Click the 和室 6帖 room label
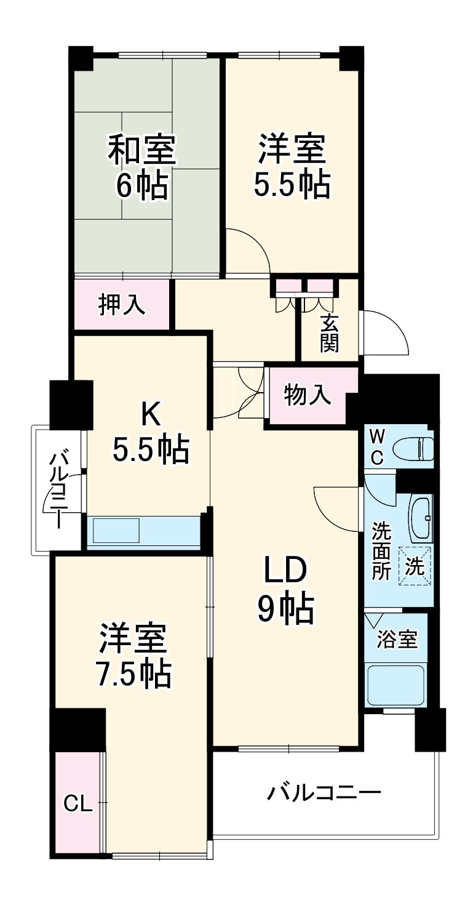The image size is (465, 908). (143, 167)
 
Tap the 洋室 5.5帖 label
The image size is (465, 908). (292, 167)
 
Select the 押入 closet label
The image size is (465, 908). (122, 305)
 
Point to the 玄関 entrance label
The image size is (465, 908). (329, 333)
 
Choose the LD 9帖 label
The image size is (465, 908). (285, 590)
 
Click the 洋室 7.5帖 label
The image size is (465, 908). (133, 656)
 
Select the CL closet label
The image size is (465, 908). (78, 804)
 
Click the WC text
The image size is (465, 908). (378, 447)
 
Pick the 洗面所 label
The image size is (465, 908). (381, 551)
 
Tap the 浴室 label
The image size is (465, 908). (397, 640)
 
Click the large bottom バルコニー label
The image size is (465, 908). (324, 792)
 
